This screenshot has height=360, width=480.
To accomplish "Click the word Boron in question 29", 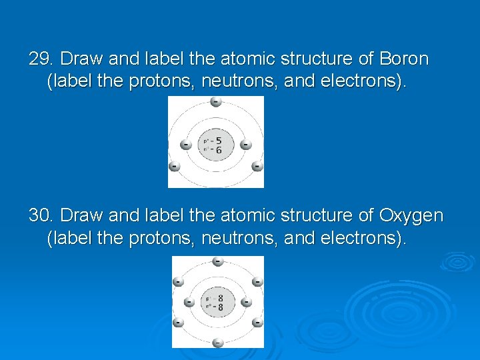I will pyautogui.click(x=403, y=59).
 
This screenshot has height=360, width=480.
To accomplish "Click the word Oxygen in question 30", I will pyautogui.click(x=411, y=215).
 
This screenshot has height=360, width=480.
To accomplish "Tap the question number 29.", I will pyautogui.click(x=39, y=59).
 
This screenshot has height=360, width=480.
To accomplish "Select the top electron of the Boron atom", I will pyautogui.click(x=215, y=101).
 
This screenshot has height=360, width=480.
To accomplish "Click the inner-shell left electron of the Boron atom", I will pyautogui.click(x=186, y=145).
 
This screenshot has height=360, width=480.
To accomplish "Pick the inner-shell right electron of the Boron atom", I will pyautogui.click(x=245, y=145).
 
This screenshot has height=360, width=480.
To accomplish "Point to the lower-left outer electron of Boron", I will pyautogui.click(x=175, y=167).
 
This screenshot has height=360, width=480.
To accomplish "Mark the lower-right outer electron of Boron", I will pyautogui.click(x=257, y=167).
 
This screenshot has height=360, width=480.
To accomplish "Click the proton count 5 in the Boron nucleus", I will pyautogui.click(x=219, y=141).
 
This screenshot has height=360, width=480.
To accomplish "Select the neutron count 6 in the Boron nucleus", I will pyautogui.click(x=219, y=151).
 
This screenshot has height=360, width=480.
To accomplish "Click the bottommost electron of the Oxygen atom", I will pyautogui.click(x=217, y=343).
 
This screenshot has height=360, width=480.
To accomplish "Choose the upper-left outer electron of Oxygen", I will pyautogui.click(x=178, y=282).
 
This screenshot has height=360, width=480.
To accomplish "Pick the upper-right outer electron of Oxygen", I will pyautogui.click(x=257, y=282).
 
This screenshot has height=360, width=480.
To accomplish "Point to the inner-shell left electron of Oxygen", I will pyautogui.click(x=189, y=303).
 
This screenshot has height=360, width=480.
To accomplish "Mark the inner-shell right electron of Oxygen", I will pyautogui.click(x=246, y=303).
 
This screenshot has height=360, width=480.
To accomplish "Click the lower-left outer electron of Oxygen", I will pyautogui.click(x=178, y=323).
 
